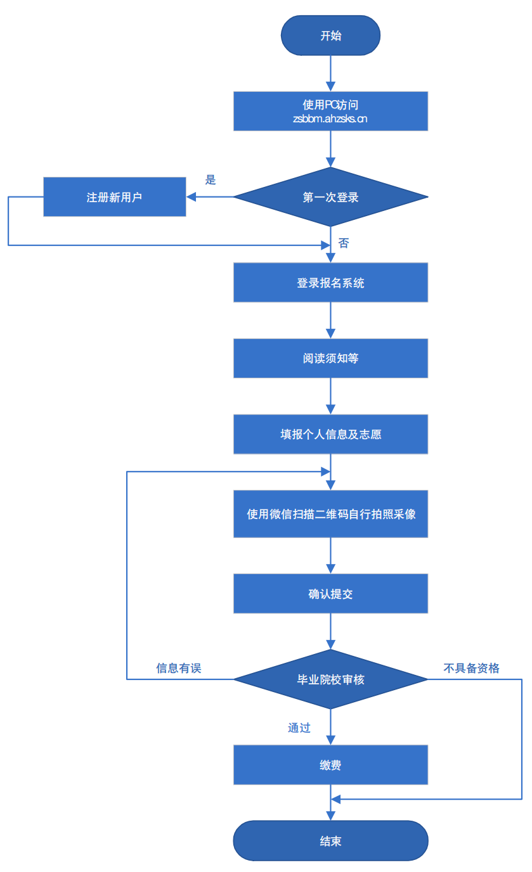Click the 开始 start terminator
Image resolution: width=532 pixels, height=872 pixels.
330,35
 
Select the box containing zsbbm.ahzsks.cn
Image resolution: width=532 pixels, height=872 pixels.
330,112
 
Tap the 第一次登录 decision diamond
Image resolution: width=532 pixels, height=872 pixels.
330,197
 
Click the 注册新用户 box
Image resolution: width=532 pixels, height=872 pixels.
114,197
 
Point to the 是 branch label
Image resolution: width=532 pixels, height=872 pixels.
211,180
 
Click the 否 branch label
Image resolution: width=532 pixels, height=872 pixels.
343,243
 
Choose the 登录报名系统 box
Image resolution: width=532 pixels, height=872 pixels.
330,283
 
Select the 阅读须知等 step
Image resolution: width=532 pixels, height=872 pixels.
330,358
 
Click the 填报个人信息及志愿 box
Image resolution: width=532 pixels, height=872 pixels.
330,434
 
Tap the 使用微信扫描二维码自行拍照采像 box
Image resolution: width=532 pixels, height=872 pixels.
330,514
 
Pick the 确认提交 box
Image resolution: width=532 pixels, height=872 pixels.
330,594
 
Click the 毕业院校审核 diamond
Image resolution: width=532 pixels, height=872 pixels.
330,679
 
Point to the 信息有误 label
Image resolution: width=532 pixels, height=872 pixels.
178,668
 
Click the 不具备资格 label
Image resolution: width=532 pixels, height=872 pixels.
471,668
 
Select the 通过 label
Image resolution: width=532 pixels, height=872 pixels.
299,728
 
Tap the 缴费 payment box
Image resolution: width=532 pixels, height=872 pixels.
330,765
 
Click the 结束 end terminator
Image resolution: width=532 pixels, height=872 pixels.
330,841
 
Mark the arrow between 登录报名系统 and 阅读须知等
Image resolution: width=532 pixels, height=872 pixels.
330,321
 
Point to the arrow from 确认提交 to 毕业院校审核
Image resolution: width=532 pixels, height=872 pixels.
330,631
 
